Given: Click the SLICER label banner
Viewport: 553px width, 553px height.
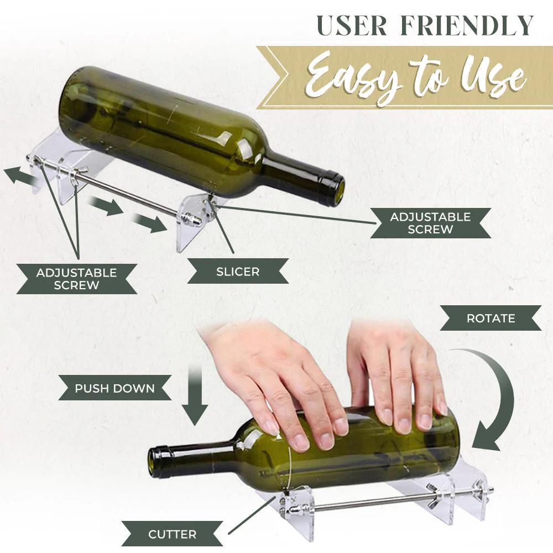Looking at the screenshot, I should click(x=238, y=272).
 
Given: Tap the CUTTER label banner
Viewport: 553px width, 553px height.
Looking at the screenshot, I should click(x=172, y=534).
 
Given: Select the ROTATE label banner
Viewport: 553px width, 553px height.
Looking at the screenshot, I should click(x=491, y=319).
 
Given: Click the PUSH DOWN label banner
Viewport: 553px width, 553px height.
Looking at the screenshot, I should click(x=115, y=388).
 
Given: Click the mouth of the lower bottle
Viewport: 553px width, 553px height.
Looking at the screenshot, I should click(x=155, y=462).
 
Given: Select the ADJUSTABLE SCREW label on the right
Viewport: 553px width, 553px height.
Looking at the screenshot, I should click(x=430, y=223).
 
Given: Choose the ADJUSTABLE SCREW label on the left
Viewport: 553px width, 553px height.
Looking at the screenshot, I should click(x=76, y=279).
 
